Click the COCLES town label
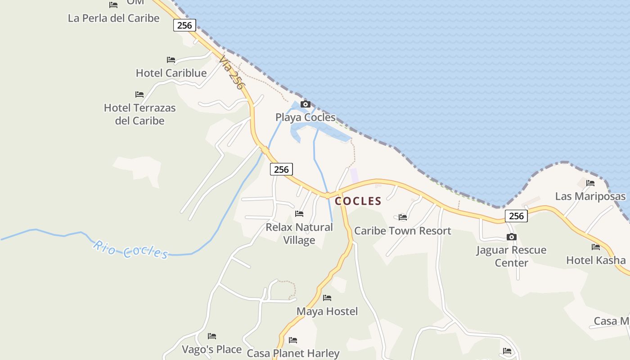pyautogui.click(x=358, y=201)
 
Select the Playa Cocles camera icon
pyautogui.click(x=305, y=104)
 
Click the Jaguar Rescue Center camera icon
pyautogui.click(x=511, y=237)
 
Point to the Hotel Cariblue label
pyautogui.click(x=171, y=73)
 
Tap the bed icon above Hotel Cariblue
pyautogui.click(x=171, y=59)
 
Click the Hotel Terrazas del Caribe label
pyautogui.click(x=139, y=114)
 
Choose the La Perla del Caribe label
pyautogui.click(x=113, y=18)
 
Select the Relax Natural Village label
pyautogui.click(x=299, y=234)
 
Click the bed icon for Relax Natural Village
pyautogui.click(x=299, y=214)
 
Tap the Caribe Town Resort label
pyautogui.click(x=402, y=231)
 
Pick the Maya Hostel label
pyautogui.click(x=327, y=311)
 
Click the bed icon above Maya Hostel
pyautogui.click(x=327, y=298)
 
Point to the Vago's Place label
pyautogui.click(x=211, y=349)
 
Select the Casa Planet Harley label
pyautogui.click(x=293, y=353)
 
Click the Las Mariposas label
pyautogui.click(x=590, y=196)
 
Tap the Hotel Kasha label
pyautogui.click(x=595, y=260)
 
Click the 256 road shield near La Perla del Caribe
pyautogui.click(x=184, y=25)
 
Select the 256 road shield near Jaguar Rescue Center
pyautogui.click(x=516, y=216)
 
